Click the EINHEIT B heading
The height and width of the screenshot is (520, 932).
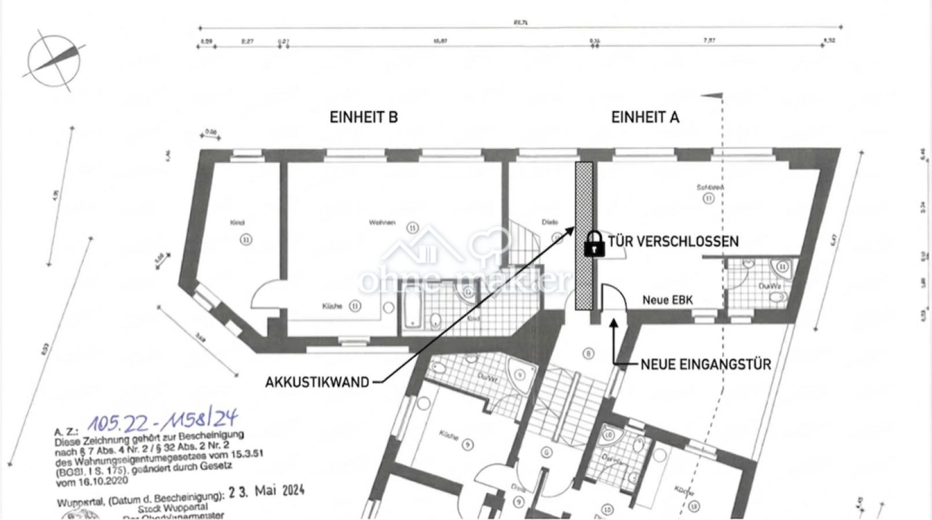click(x=364, y=117)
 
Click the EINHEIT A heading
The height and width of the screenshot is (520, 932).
click(x=645, y=117)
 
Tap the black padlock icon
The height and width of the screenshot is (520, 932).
click(x=594, y=244)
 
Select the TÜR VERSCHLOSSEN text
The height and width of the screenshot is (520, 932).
click(x=673, y=242)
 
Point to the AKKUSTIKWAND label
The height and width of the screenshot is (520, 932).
click(x=317, y=382)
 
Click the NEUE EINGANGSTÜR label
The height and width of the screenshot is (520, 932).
click(x=705, y=365)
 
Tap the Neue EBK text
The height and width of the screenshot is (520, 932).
click(x=667, y=300)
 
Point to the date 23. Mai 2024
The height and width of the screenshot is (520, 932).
click(x=266, y=492)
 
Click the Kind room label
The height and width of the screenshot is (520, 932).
click(x=238, y=222)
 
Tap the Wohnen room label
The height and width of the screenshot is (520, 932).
click(x=382, y=222)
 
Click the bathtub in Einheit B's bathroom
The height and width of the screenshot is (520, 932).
click(x=412, y=314)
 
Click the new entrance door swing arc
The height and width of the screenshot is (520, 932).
click(x=613, y=298)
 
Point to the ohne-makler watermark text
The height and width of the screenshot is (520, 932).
click(x=463, y=280)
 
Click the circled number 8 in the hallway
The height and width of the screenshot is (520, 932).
click(x=588, y=354)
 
